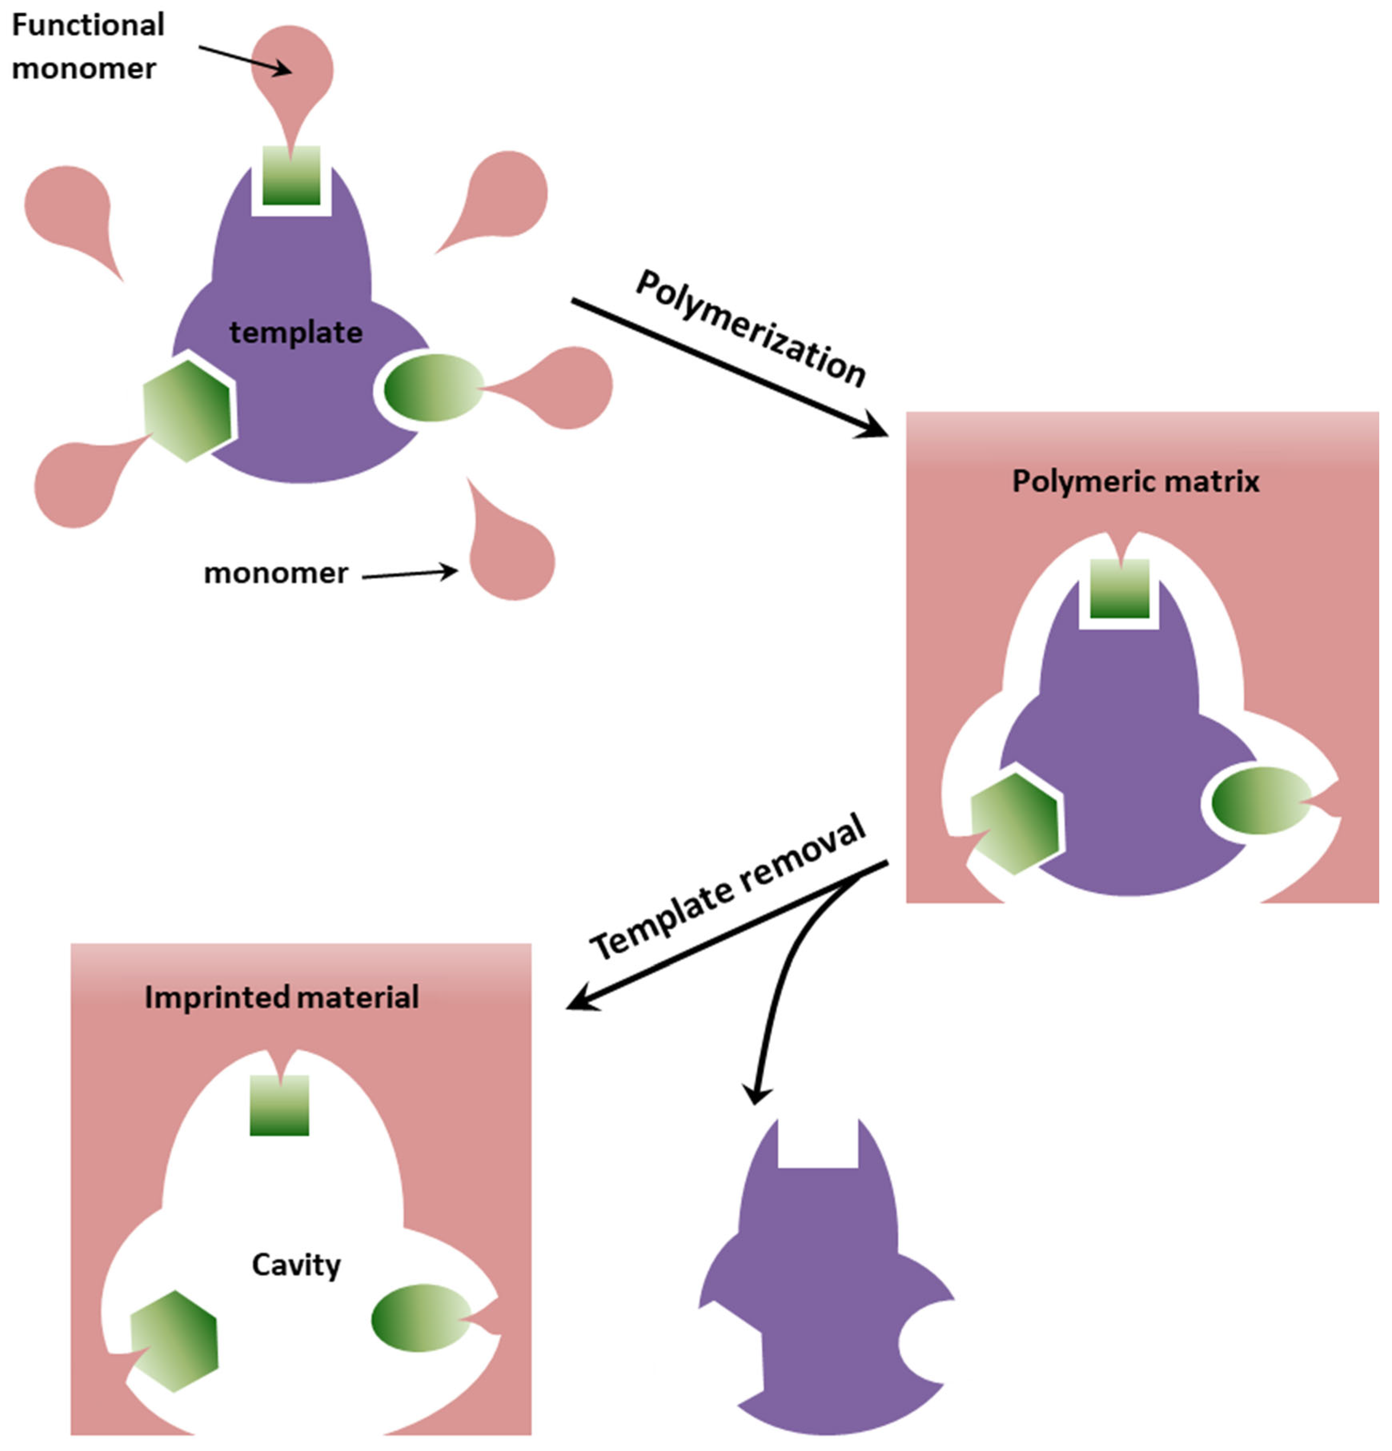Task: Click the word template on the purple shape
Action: tap(295, 333)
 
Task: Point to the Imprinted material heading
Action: tap(281, 997)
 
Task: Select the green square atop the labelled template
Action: tap(291, 176)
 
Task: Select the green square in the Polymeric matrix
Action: tap(1119, 589)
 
